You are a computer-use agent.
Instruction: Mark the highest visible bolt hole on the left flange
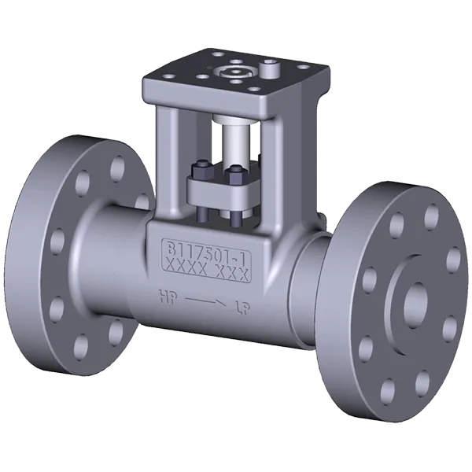pos(116,169)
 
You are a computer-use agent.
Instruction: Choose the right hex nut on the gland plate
pos(233,173)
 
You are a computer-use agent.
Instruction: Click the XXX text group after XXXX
pos(232,275)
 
